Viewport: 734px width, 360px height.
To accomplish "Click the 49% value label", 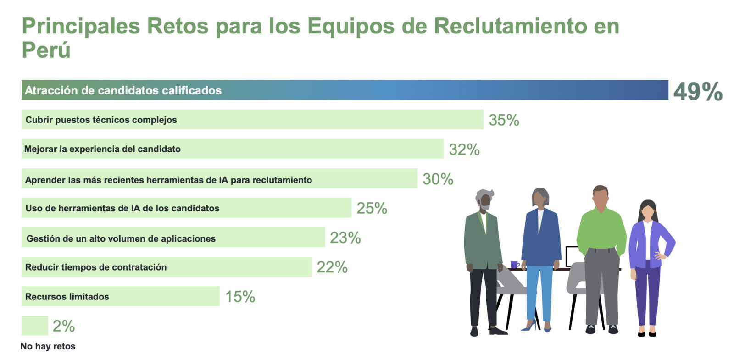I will tap(697, 91).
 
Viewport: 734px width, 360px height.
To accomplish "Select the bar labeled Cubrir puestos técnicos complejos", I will tap(252, 119).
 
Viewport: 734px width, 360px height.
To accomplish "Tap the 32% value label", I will tap(464, 150).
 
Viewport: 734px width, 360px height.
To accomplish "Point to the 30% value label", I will tap(438, 179).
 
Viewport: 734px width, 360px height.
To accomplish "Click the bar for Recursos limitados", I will tap(120, 296).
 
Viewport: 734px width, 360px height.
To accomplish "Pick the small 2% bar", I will tap(34, 326).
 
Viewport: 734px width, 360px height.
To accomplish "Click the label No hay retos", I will tap(48, 346).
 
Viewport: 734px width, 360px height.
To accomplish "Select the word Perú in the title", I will tap(46, 50).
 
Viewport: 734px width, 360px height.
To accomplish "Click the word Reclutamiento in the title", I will tap(510, 26).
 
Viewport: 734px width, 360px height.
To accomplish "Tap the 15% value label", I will tap(240, 297).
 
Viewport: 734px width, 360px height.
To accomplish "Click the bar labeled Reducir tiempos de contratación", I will tap(166, 267).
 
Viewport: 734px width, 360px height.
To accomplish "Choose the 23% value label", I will tap(345, 238).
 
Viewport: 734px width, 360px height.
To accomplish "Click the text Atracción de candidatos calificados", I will tap(123, 90).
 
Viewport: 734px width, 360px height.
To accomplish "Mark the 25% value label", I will tap(372, 208).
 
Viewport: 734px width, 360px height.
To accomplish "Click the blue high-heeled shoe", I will tap(529, 326).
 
